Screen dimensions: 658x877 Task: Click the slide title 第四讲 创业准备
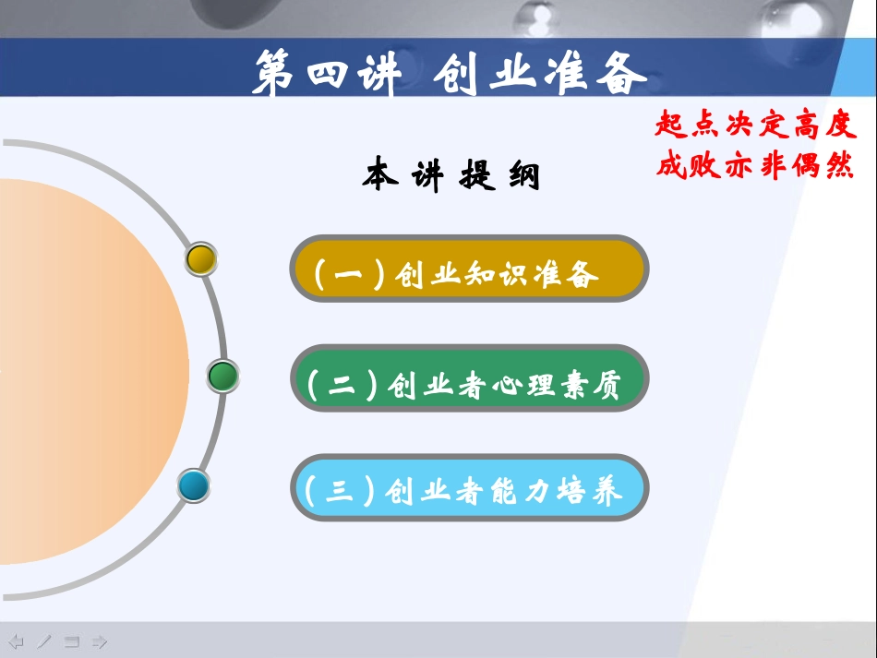pos(450,73)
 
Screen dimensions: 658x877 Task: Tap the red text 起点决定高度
pos(755,125)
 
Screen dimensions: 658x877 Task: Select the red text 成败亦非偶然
pos(755,166)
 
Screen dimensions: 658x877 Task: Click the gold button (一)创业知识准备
pos(469,273)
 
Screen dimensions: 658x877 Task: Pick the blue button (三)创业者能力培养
pos(469,490)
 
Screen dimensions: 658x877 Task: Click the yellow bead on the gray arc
pos(200,259)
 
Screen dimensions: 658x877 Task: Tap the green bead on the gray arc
pos(222,377)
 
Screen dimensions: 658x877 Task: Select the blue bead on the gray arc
pos(194,485)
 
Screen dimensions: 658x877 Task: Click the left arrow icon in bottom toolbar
pos(17,641)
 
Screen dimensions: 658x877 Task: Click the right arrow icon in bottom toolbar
pos(100,641)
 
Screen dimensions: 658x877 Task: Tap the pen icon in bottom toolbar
pos(44,641)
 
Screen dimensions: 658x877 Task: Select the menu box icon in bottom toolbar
pos(72,641)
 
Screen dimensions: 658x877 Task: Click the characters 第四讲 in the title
pos(325,73)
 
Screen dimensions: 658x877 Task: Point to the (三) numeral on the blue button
pos(339,490)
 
